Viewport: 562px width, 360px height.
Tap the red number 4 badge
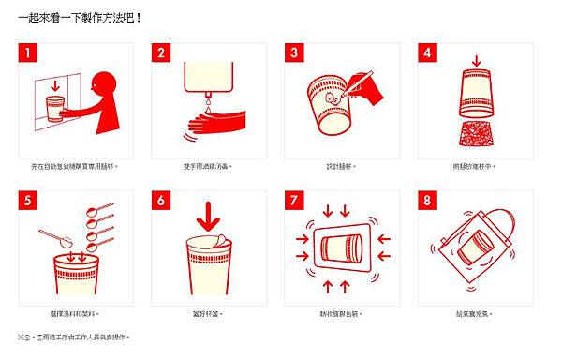click(x=428, y=53)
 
